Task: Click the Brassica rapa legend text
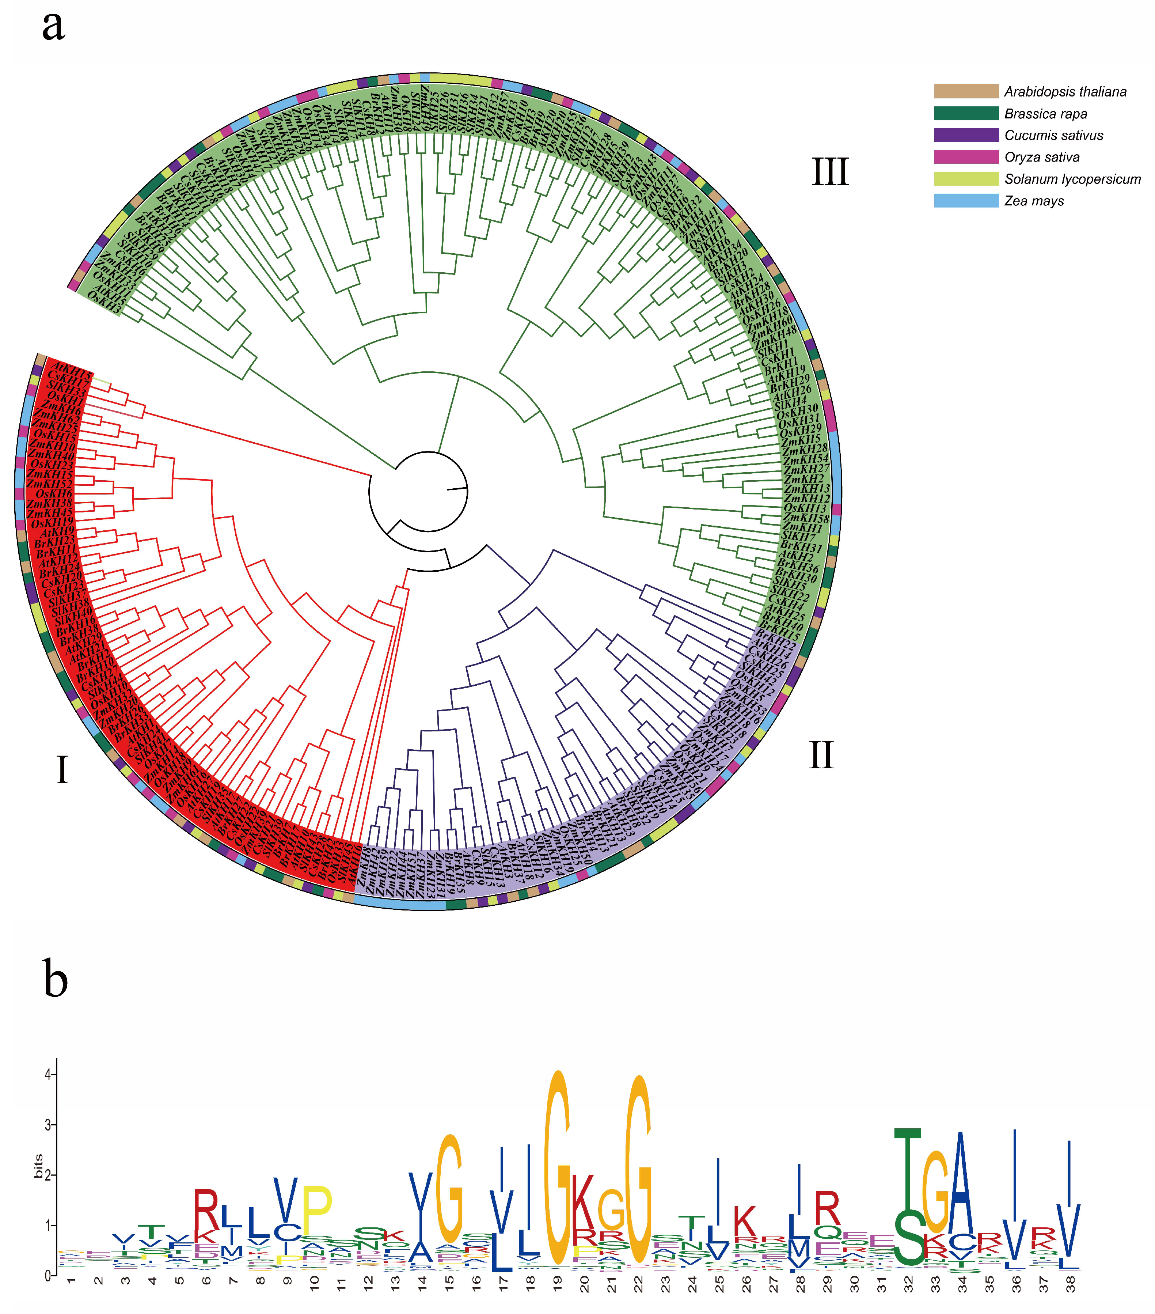coord(1046,114)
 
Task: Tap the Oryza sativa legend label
coord(1042,158)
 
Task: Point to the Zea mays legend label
coord(1034,201)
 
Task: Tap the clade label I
coord(62,769)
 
